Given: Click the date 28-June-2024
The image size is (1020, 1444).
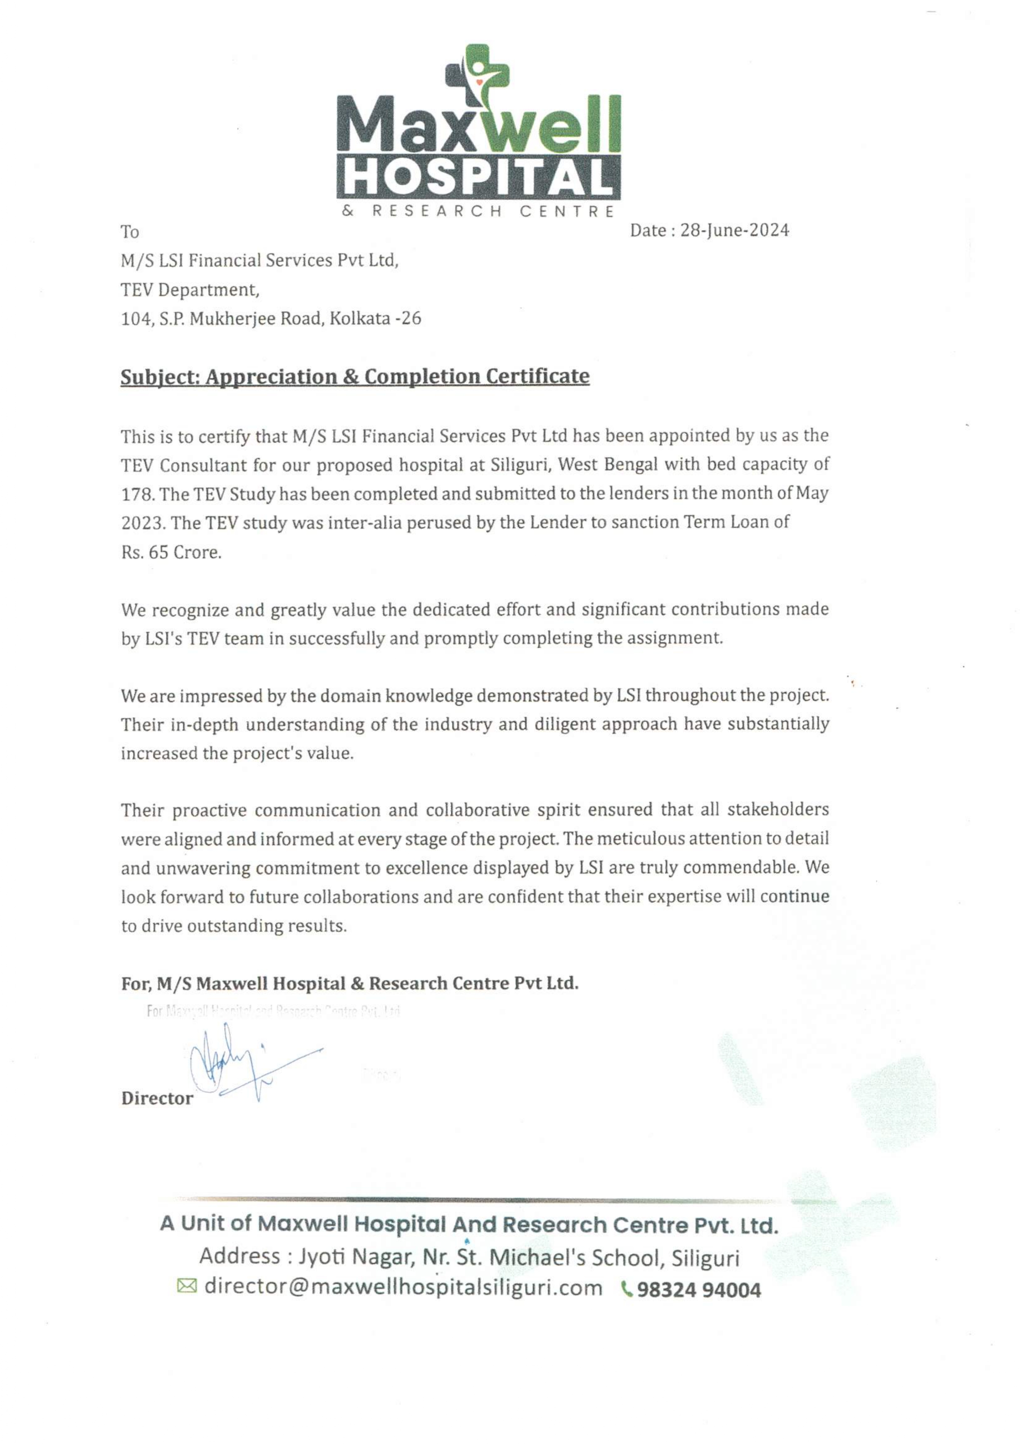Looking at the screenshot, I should (734, 230).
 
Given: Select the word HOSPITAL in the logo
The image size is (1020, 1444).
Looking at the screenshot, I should (478, 177).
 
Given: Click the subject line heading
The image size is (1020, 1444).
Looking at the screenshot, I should (355, 376).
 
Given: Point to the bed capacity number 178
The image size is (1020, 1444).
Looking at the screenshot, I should (136, 494).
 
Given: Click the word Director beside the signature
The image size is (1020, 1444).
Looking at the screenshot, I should (157, 1098).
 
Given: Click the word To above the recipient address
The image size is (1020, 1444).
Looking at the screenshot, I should (130, 232).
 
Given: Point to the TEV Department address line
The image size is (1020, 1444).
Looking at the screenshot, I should (189, 290).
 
